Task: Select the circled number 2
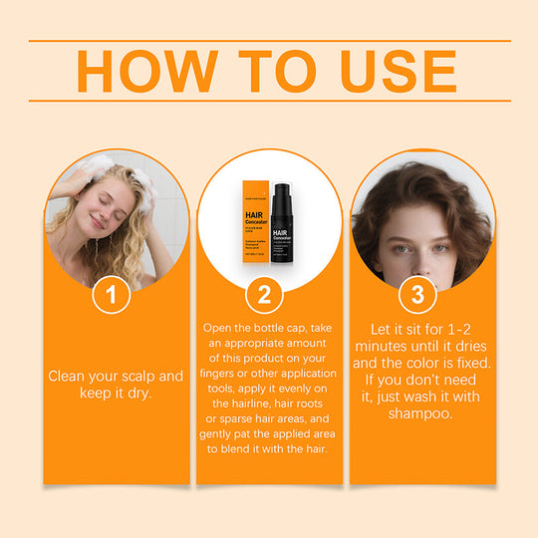pos(264,294)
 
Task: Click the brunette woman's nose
pos(419,242)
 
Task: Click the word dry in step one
pos(145,393)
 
